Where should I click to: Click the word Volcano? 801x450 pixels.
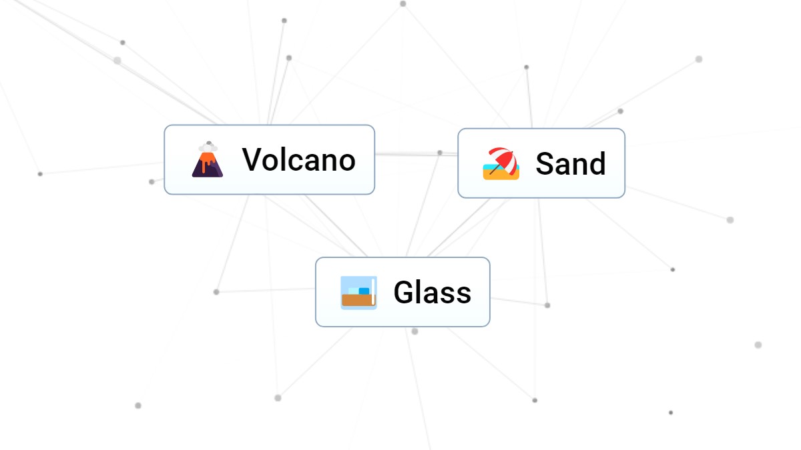(x=298, y=159)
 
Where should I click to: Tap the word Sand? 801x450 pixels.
(x=570, y=163)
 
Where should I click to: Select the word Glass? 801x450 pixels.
(x=433, y=292)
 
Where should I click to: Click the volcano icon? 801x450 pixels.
(x=208, y=159)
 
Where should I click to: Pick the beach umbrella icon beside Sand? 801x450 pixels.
(x=501, y=163)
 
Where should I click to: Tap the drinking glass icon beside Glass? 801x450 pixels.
(x=358, y=293)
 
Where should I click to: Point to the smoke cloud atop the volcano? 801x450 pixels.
(x=208, y=147)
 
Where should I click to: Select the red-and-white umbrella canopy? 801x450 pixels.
(x=503, y=159)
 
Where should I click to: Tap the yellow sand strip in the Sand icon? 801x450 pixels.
(x=501, y=175)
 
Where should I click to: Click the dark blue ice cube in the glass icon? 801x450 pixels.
(x=364, y=291)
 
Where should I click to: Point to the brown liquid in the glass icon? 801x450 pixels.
(x=358, y=300)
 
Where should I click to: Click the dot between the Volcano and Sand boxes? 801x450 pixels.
(x=440, y=153)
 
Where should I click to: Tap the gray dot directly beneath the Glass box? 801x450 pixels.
(x=415, y=331)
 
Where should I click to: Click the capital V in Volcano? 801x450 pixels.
(x=252, y=159)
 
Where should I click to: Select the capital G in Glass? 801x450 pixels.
(x=403, y=292)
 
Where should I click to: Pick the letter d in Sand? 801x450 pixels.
(x=597, y=163)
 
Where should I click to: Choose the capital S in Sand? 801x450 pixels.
(x=545, y=164)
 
